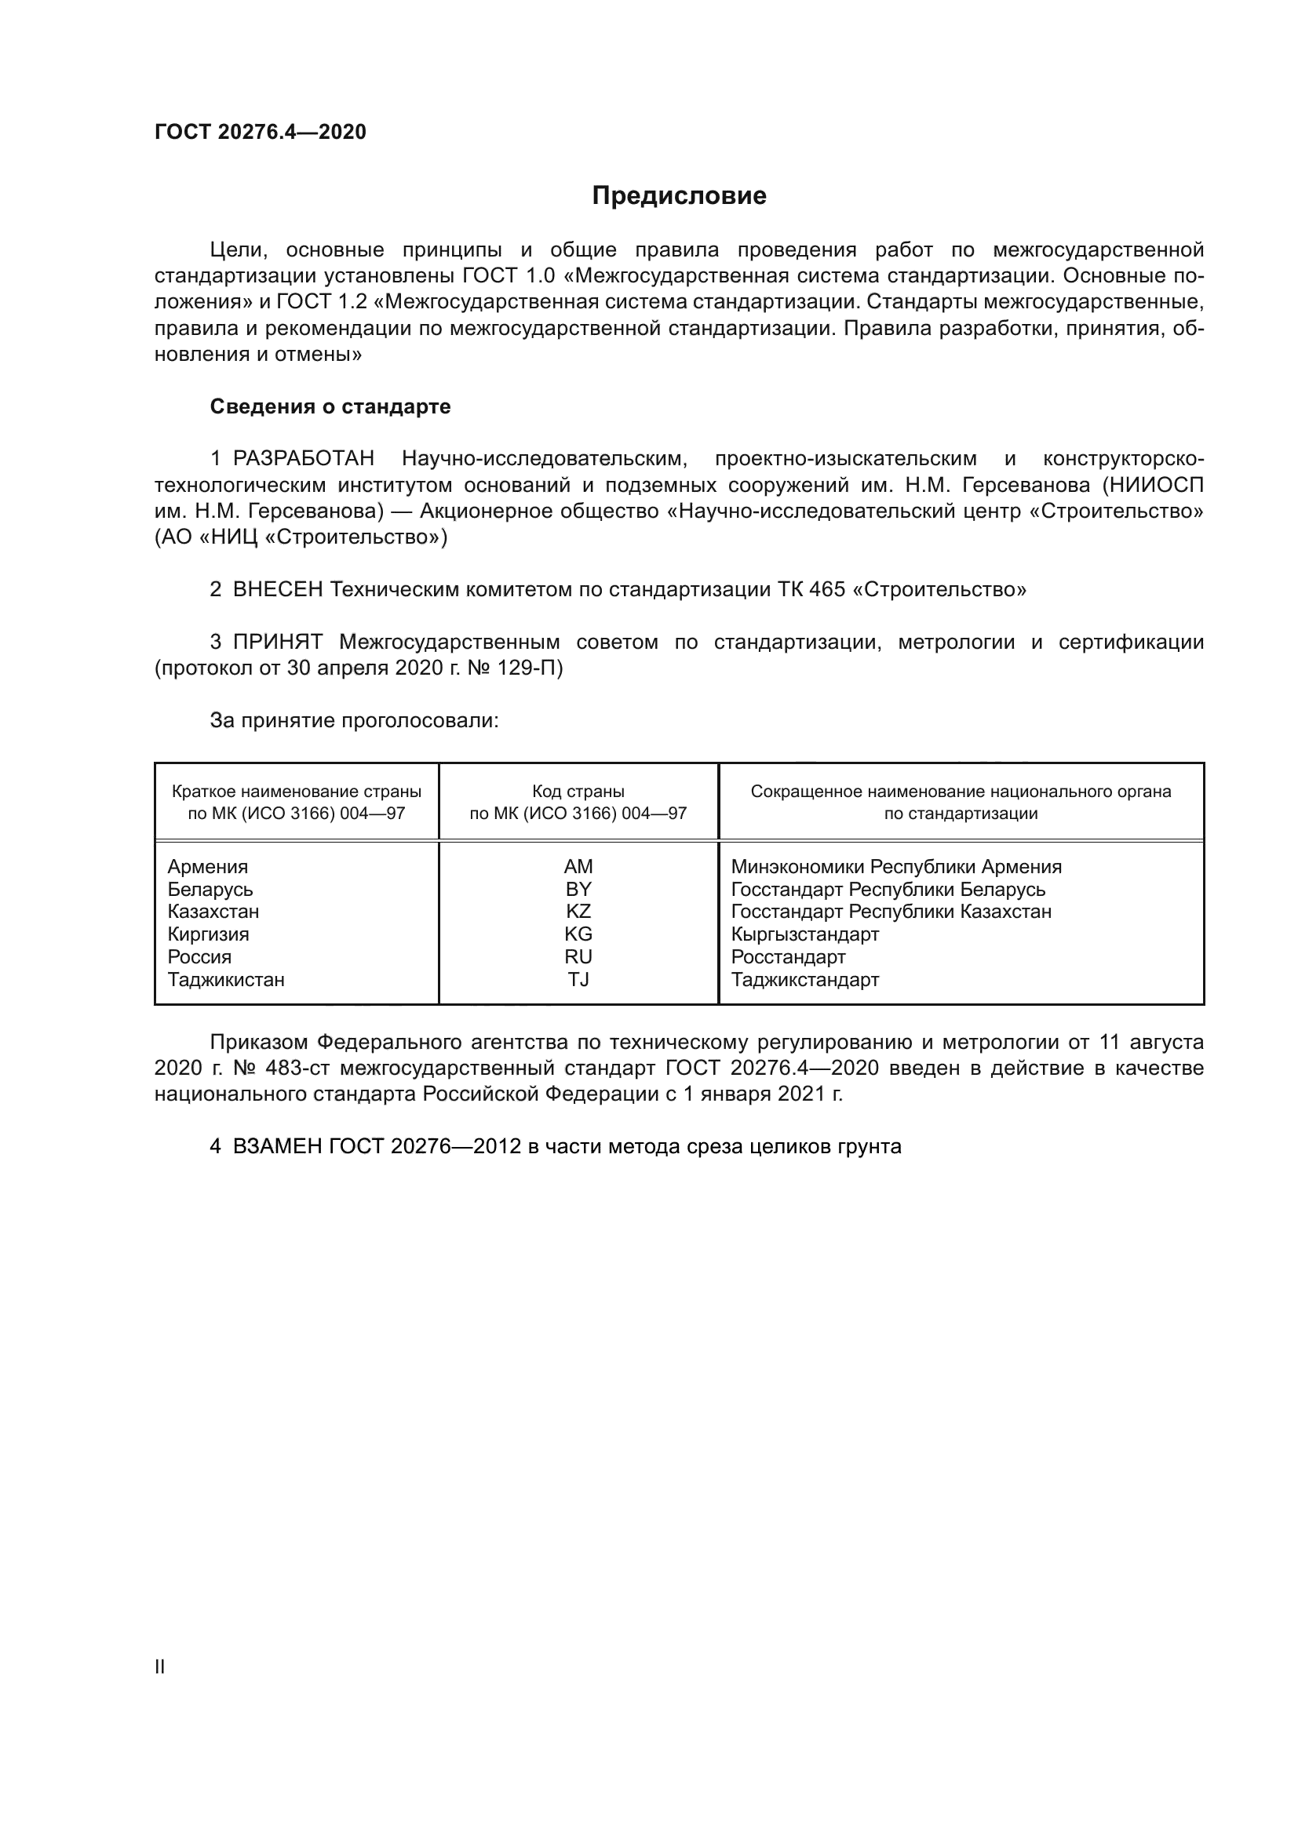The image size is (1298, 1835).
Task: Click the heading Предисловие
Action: click(x=679, y=196)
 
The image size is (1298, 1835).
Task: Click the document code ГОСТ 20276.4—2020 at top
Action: click(x=260, y=132)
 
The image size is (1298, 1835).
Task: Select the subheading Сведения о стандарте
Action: click(x=330, y=407)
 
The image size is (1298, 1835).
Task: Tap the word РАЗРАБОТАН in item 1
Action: click(x=303, y=459)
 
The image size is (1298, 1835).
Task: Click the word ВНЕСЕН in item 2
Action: click(x=277, y=590)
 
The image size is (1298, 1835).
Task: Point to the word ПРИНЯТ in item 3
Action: click(x=277, y=642)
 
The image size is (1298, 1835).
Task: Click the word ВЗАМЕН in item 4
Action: click(x=277, y=1146)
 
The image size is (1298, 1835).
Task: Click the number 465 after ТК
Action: click(x=826, y=590)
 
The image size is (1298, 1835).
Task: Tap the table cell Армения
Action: click(x=208, y=867)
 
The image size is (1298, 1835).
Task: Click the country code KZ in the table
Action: click(x=578, y=912)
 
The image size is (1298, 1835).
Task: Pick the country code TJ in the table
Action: click(x=578, y=980)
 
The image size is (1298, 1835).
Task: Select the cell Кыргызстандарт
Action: click(x=805, y=934)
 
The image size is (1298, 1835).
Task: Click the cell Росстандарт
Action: click(x=788, y=956)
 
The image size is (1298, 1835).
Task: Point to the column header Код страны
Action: click(x=578, y=792)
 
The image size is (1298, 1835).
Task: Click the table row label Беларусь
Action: click(x=210, y=890)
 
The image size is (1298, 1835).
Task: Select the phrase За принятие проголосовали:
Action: click(x=354, y=721)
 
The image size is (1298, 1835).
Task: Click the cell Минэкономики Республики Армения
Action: click(x=896, y=867)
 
